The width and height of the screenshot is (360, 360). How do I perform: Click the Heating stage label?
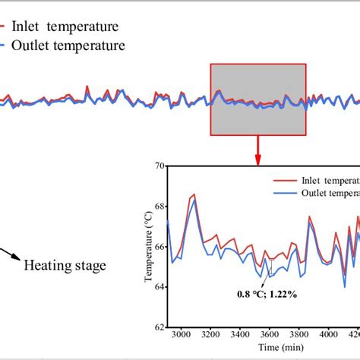pyautogui.click(x=65, y=266)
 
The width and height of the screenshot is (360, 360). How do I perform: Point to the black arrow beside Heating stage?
pyautogui.click(x=10, y=254)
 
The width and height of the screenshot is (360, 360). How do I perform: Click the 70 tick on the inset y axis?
pyautogui.click(x=159, y=165)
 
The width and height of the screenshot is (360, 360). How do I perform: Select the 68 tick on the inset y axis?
pyautogui.click(x=159, y=206)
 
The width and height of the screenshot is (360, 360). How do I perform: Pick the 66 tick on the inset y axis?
pyautogui.click(x=159, y=246)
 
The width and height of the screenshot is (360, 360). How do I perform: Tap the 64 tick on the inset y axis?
pyautogui.click(x=159, y=287)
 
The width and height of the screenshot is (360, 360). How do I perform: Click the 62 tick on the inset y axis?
pyautogui.click(x=159, y=327)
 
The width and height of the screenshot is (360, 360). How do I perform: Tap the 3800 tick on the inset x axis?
pyautogui.click(x=298, y=335)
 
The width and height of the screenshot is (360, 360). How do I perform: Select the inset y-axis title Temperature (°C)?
pyautogui.click(x=148, y=248)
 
